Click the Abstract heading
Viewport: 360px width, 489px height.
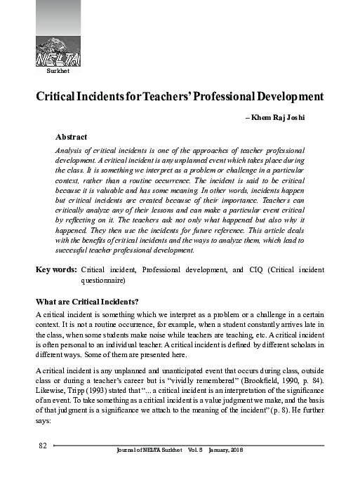pos(71,137)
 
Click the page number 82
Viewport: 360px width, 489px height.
pos(42,446)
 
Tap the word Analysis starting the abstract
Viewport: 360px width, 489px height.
pos(69,151)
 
